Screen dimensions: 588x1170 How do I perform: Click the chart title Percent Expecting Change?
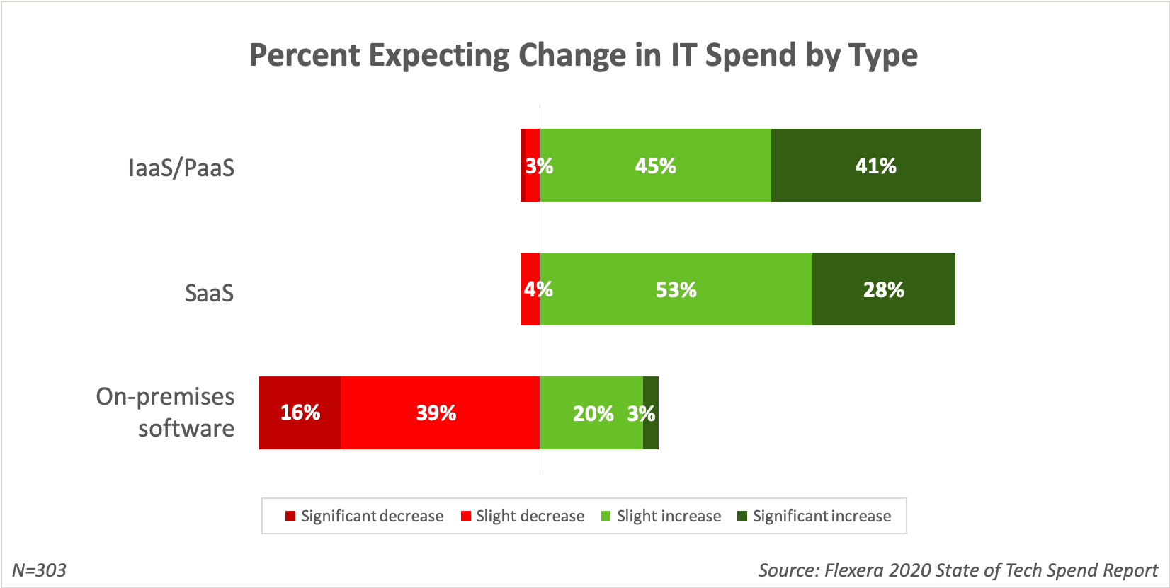[x=584, y=55]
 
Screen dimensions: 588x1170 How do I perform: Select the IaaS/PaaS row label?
[x=181, y=168]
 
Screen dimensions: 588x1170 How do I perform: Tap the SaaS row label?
[x=210, y=292]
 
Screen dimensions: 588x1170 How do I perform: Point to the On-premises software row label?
[x=166, y=413]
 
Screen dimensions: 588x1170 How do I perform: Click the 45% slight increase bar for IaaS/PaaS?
[x=655, y=166]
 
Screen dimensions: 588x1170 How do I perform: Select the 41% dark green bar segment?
[x=875, y=166]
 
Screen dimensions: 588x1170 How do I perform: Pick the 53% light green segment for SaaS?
[x=676, y=290]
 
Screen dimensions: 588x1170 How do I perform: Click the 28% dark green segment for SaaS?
[x=883, y=290]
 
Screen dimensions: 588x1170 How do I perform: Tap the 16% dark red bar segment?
[x=300, y=413]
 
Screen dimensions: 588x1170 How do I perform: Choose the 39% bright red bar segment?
[x=436, y=413]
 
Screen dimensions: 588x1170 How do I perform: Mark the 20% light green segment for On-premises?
[x=592, y=413]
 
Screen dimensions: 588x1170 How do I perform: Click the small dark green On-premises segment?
[x=651, y=413]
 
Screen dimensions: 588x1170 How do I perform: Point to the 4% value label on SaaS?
[x=538, y=289]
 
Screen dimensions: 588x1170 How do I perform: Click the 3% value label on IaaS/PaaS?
[x=539, y=166]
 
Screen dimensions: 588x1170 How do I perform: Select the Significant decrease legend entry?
[x=365, y=517]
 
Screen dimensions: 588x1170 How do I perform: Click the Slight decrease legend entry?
[x=523, y=517]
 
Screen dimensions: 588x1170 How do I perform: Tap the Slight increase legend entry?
[x=661, y=517]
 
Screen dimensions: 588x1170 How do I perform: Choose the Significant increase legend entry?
[x=814, y=517]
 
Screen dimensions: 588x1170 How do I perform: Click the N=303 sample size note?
[x=40, y=570]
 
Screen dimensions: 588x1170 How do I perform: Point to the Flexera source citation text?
[x=958, y=570]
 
